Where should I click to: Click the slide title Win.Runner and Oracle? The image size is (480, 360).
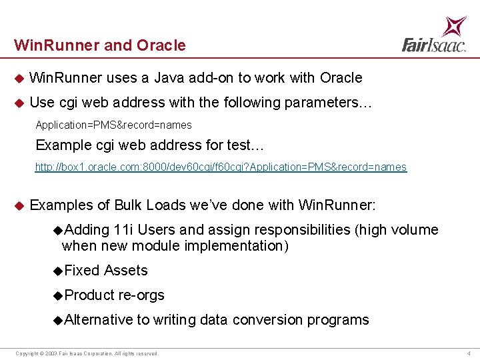(100, 45)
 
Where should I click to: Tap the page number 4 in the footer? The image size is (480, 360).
(469, 353)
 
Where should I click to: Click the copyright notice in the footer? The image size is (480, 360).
(87, 353)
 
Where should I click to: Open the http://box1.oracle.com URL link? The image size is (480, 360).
(221, 167)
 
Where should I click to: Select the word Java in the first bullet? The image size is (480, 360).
(170, 78)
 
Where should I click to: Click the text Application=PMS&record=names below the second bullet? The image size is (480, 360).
(113, 125)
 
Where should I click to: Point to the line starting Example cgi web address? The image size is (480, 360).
(150, 145)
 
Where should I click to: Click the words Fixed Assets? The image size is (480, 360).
(106, 271)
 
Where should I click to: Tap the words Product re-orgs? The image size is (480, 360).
(114, 295)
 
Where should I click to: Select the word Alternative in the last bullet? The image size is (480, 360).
(99, 320)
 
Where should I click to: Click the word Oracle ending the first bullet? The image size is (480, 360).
(341, 78)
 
